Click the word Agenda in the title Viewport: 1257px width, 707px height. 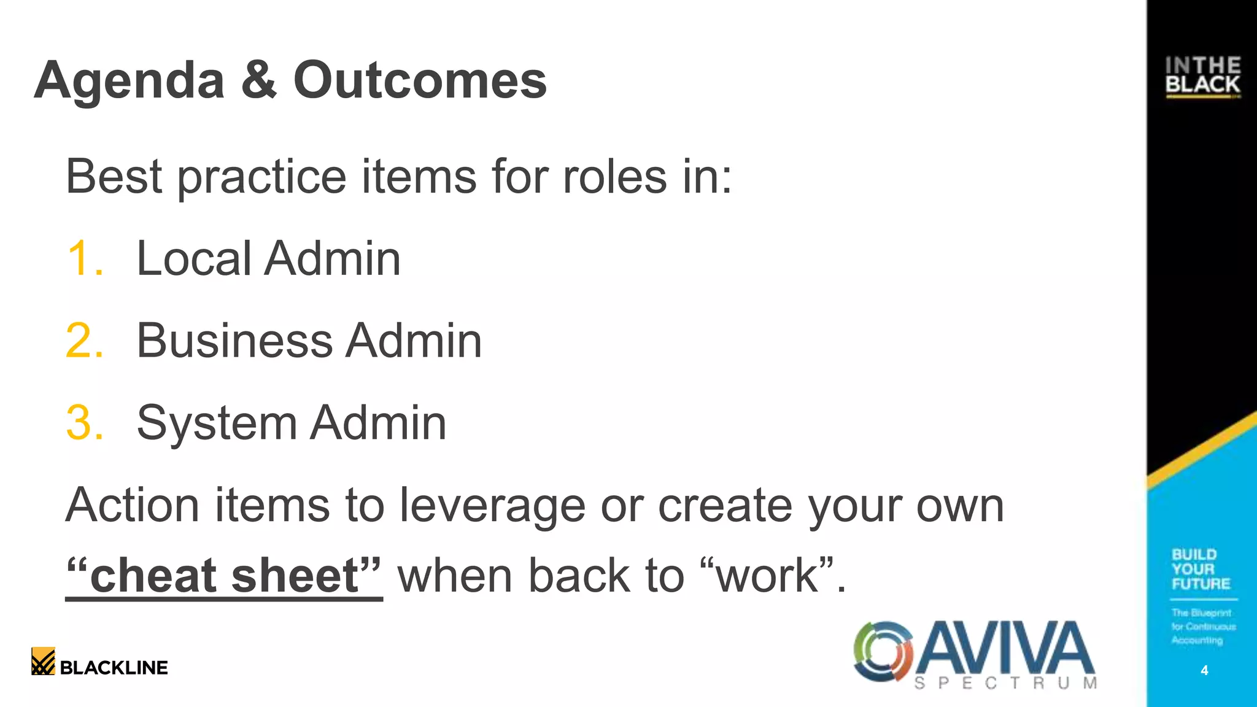coord(130,81)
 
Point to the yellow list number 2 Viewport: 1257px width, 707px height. coord(84,341)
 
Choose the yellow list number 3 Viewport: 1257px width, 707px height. coord(84,423)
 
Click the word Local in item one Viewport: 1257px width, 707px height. coord(193,258)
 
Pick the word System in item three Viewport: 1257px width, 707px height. coord(216,423)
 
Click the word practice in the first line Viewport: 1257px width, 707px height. coord(261,177)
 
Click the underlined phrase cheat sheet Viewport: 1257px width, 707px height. coord(224,576)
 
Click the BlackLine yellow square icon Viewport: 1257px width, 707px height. coord(43,661)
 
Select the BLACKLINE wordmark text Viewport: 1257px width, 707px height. coord(114,668)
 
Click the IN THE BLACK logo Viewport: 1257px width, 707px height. coord(1202,76)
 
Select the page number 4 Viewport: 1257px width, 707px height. coord(1204,670)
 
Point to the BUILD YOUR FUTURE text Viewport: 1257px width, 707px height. coord(1201,569)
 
